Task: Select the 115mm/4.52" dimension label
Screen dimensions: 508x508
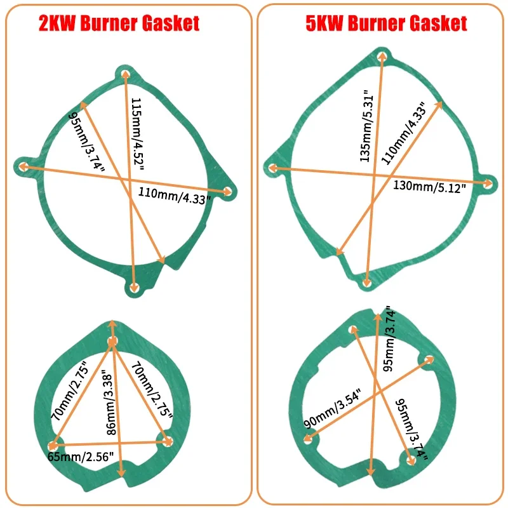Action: click(x=137, y=134)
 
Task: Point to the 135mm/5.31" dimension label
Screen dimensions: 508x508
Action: click(x=368, y=126)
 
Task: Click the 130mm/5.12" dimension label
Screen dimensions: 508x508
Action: click(x=430, y=187)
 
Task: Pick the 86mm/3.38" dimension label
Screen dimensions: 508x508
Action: click(x=111, y=404)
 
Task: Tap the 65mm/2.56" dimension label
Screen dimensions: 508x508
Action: click(x=81, y=457)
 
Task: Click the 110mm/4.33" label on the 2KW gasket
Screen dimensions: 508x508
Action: click(x=174, y=196)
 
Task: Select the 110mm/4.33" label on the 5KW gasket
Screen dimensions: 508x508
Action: click(x=403, y=133)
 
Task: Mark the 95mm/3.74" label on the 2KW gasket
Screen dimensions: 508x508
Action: click(x=87, y=142)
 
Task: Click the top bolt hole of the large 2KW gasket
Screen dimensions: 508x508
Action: click(x=126, y=74)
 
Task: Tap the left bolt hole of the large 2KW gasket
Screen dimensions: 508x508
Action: click(x=22, y=167)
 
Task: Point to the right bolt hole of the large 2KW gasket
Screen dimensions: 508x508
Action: click(x=228, y=192)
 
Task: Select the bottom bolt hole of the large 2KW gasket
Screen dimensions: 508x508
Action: click(x=134, y=288)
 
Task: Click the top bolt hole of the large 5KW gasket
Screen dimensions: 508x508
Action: click(x=383, y=56)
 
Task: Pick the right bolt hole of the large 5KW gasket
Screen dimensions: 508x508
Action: click(x=488, y=184)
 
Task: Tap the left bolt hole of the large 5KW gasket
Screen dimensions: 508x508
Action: click(x=272, y=168)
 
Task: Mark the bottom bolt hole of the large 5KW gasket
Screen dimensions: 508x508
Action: click(x=366, y=283)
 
